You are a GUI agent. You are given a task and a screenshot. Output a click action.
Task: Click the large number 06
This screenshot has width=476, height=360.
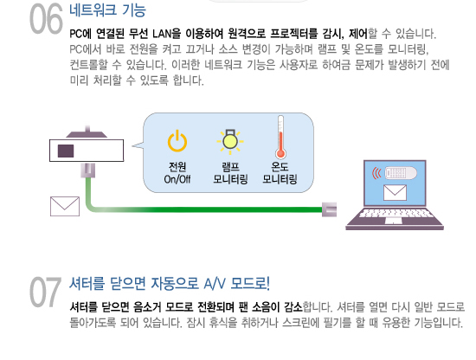coord(46,19)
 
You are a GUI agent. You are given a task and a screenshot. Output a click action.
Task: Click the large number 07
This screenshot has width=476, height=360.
coord(46,292)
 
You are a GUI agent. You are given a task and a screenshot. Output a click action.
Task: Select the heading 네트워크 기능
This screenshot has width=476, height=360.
coord(108,10)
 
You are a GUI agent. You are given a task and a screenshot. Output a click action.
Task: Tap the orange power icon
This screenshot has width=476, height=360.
coord(177,141)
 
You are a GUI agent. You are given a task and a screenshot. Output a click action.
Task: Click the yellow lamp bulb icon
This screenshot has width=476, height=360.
coord(230,141)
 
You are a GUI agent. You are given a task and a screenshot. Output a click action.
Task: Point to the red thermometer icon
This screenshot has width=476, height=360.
coord(280,138)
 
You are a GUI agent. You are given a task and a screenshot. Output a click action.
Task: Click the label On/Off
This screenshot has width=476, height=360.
coord(177,179)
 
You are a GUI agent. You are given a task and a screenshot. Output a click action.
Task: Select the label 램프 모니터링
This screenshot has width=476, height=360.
coord(230,173)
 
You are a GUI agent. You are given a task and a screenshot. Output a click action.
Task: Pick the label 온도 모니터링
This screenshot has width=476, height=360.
coord(280,173)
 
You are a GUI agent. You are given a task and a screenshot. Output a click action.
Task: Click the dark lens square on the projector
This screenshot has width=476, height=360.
coord(66,151)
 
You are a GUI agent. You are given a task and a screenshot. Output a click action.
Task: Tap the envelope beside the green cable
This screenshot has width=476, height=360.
coord(65,207)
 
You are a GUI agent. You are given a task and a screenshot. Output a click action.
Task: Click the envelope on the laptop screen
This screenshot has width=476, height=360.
coord(395,193)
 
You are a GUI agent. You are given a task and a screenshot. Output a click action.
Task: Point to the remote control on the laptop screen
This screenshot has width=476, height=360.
coord(401,173)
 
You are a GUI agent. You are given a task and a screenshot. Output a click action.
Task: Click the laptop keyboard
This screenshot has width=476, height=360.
coord(396,213)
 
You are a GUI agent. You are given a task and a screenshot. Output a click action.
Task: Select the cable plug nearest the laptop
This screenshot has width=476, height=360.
coord(330,209)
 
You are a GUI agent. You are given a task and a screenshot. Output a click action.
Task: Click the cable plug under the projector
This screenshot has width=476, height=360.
coord(88,170)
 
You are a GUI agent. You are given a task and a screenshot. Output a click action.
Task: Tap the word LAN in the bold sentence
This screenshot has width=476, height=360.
coord(162,34)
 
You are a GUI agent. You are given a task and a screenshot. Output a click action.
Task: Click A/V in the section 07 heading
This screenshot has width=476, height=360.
coord(215,284)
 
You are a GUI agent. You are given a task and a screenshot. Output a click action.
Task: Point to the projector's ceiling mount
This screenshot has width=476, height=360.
coord(87,132)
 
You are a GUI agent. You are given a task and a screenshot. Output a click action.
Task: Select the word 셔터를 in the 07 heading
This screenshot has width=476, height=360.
coord(87,284)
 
